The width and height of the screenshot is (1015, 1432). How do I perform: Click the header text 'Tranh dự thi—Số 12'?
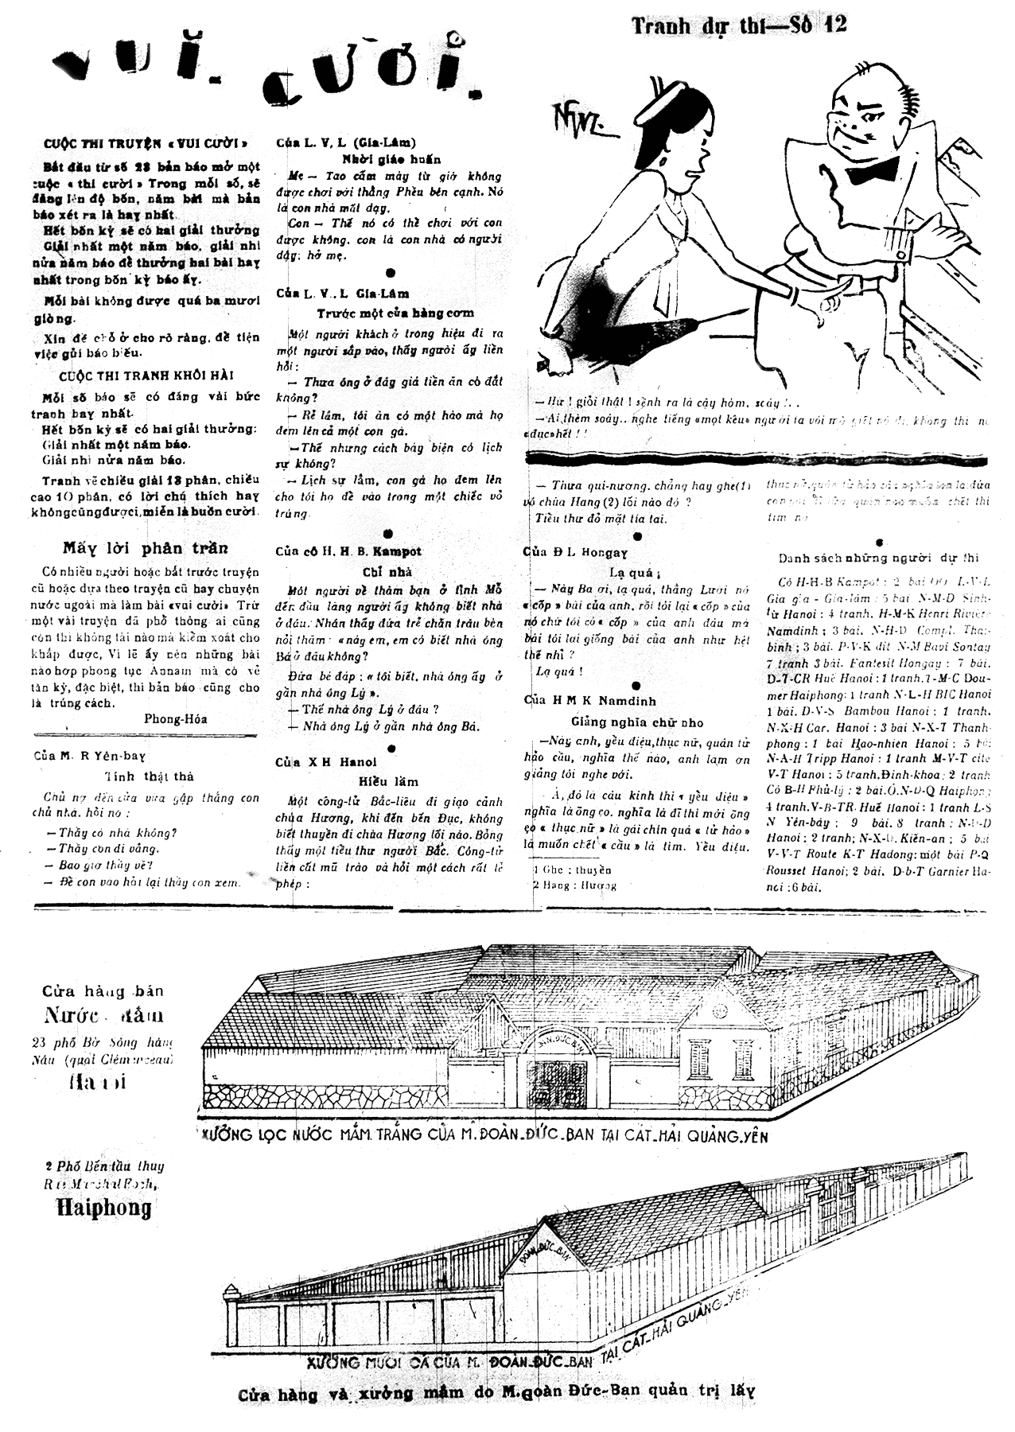[739, 25]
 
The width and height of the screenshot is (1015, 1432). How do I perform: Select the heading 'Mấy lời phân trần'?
[146, 547]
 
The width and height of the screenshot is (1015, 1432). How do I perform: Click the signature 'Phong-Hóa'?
[176, 719]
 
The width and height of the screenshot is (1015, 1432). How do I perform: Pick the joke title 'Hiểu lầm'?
[389, 781]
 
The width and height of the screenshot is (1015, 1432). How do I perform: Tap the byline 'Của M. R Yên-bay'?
[89, 756]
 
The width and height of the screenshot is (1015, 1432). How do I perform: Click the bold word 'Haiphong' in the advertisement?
[103, 1208]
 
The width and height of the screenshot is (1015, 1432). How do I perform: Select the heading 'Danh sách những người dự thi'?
[878, 558]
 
